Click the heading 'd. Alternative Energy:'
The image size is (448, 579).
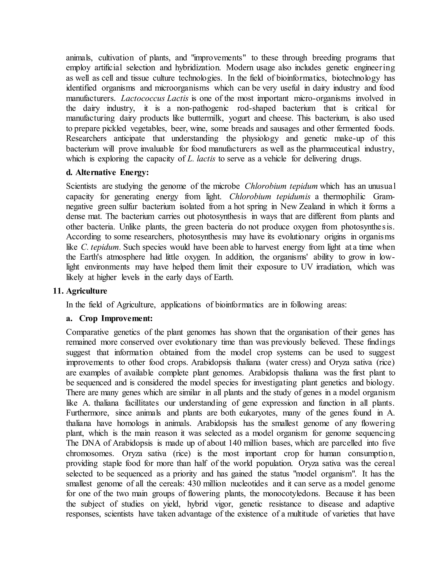(x=107, y=173)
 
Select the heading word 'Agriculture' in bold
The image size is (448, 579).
(x=87, y=291)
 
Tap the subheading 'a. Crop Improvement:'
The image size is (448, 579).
(x=109, y=318)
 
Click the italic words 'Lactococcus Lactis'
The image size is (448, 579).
(x=154, y=98)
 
